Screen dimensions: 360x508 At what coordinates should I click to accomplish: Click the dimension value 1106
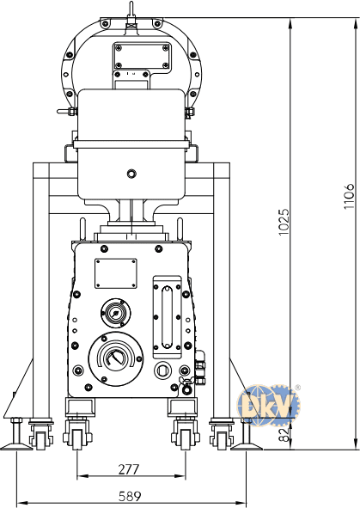pyautogui.click(x=350, y=196)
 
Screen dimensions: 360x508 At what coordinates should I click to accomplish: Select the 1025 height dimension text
pyautogui.click(x=284, y=222)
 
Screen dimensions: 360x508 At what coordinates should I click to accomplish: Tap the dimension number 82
pyautogui.click(x=284, y=435)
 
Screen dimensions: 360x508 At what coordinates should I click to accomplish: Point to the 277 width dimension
pyautogui.click(x=129, y=469)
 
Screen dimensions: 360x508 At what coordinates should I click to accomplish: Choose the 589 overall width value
pyautogui.click(x=130, y=496)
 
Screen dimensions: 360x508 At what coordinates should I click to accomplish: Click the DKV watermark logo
pyautogui.click(x=269, y=405)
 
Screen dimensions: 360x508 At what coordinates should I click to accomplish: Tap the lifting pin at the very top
pyautogui.click(x=131, y=12)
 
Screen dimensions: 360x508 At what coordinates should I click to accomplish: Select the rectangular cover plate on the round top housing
pyautogui.click(x=142, y=56)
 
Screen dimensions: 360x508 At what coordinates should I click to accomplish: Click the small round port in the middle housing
pyautogui.click(x=131, y=174)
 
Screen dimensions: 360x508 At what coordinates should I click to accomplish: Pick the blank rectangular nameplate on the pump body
pyautogui.click(x=116, y=273)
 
